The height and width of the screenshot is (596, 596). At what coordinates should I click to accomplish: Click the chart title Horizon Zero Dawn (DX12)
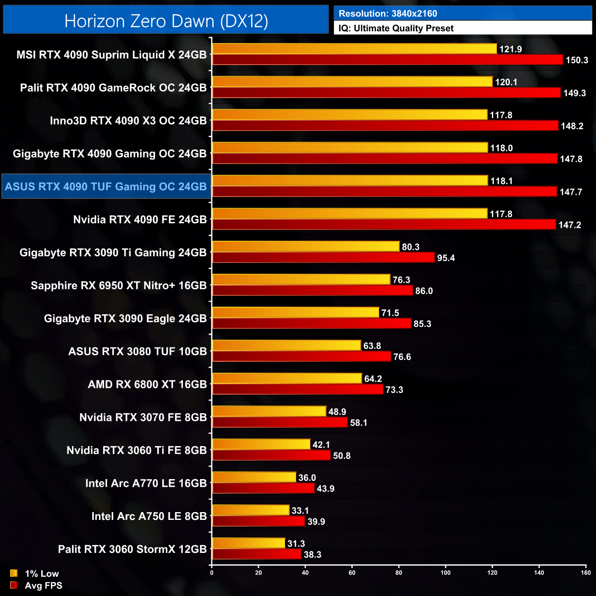click(x=166, y=21)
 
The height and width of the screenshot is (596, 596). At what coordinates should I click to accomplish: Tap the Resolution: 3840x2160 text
click(x=388, y=13)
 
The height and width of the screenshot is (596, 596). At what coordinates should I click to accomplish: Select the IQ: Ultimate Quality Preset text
click(x=396, y=28)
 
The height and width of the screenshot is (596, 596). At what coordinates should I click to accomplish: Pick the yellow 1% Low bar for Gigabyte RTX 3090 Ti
click(x=306, y=247)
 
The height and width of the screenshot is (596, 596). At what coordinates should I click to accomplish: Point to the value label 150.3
click(x=576, y=60)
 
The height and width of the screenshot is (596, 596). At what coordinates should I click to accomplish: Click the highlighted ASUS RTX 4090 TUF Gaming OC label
click(x=106, y=187)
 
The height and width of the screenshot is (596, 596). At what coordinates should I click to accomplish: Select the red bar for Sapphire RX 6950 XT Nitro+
click(x=313, y=291)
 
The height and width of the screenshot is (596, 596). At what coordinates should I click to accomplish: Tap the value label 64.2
click(x=373, y=379)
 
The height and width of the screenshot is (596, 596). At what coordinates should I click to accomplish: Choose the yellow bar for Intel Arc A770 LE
click(x=254, y=478)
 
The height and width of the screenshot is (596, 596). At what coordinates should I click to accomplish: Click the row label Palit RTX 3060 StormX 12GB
click(x=132, y=549)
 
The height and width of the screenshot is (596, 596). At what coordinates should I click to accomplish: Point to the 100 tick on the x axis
click(x=446, y=572)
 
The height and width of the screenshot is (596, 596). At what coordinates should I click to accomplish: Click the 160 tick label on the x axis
click(x=586, y=572)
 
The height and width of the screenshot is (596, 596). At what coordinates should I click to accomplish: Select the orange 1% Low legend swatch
click(x=14, y=573)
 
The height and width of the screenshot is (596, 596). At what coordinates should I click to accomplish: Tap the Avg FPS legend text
click(x=44, y=585)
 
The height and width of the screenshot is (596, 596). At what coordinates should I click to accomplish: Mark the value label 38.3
click(x=312, y=555)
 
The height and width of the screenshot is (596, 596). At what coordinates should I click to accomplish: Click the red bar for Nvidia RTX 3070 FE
click(x=280, y=423)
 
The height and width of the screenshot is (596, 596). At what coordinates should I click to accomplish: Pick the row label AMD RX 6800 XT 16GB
click(x=147, y=384)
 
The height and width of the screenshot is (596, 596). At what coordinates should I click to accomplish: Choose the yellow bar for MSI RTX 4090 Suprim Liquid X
click(x=354, y=49)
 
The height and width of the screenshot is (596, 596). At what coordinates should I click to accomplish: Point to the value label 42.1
click(x=321, y=445)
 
